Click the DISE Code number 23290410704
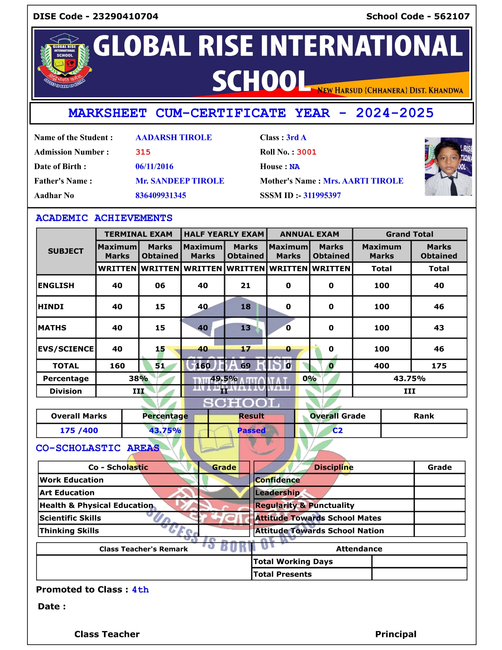(x=125, y=17)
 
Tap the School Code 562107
(x=452, y=17)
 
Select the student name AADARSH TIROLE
(x=173, y=137)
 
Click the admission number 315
(x=143, y=152)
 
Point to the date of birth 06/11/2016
(x=154, y=167)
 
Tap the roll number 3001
(x=306, y=152)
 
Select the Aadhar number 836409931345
(x=161, y=195)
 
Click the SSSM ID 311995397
(x=322, y=195)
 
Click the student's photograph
(x=448, y=167)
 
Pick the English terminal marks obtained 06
(x=160, y=286)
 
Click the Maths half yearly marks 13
(x=245, y=328)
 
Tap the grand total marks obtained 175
(x=439, y=366)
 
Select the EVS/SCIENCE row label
(x=66, y=349)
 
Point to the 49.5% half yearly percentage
(x=224, y=379)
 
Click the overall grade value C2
(x=337, y=431)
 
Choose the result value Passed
(x=251, y=431)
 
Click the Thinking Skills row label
(x=69, y=531)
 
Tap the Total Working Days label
(x=293, y=562)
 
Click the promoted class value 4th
(x=140, y=590)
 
